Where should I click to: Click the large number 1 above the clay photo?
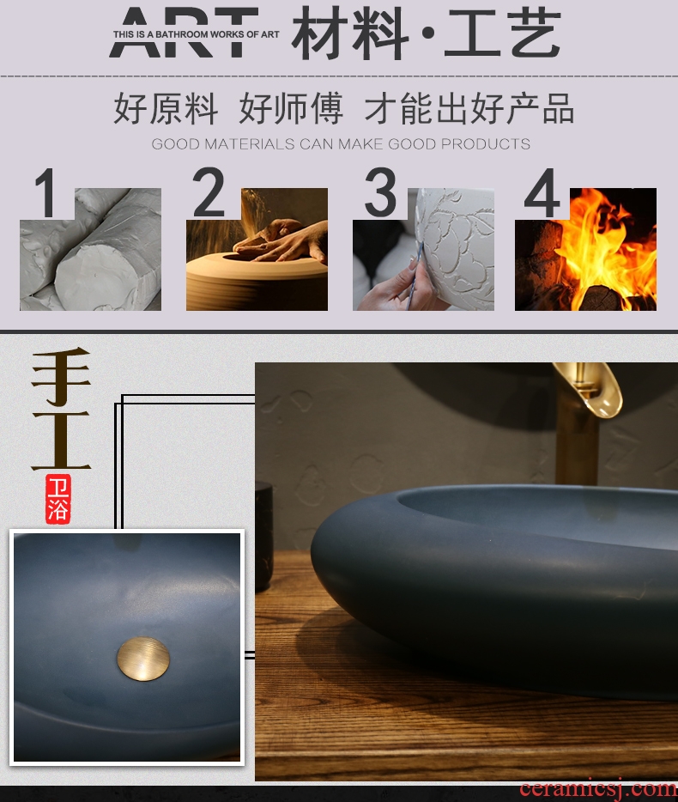coord(46,193)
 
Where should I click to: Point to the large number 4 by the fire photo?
coord(542,193)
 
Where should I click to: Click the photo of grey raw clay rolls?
coord(90,249)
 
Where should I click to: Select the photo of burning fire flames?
coord(586,249)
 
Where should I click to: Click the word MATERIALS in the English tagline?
coord(250,144)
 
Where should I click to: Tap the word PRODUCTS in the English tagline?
coord(485,144)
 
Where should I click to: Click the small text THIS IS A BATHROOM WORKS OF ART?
coord(197,34)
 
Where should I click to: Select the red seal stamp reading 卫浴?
coord(58,499)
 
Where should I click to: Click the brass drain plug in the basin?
coord(143,659)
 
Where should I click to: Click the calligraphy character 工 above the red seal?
coord(61,440)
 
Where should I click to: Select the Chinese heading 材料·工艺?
coord(427,33)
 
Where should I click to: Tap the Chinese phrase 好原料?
coord(166,108)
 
